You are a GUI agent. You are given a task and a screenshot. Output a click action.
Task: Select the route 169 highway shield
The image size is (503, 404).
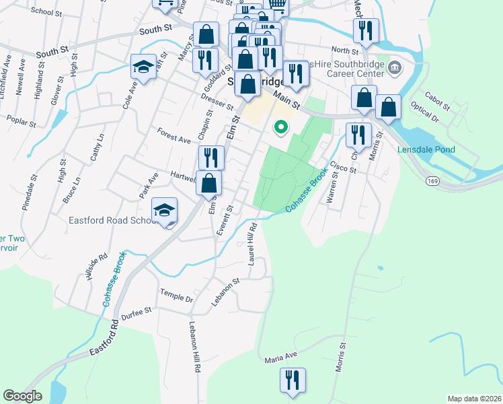click(432, 180)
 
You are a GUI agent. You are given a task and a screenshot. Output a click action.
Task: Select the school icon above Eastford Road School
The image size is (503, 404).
click(164, 210)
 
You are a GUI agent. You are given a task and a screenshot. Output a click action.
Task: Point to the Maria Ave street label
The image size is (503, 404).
click(280, 356)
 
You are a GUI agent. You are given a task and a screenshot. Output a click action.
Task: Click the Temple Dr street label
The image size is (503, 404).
click(176, 295)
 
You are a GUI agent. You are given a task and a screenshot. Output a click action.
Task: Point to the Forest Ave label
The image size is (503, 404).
click(173, 135)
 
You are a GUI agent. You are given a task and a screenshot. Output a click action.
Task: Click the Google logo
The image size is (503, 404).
click(23, 396)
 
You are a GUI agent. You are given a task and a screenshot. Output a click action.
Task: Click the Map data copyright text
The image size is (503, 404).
click(475, 398)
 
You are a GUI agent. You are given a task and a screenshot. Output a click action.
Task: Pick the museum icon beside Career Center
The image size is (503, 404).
click(395, 67)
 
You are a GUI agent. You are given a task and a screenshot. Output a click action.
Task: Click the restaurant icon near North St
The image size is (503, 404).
click(366, 31)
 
